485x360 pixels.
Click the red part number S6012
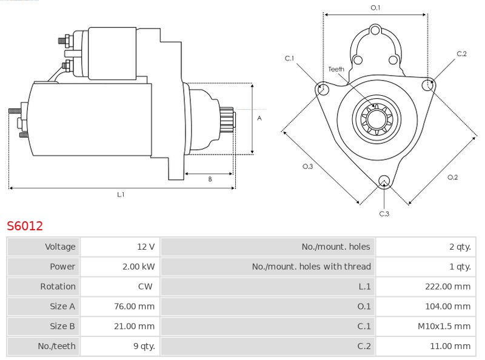(25, 226)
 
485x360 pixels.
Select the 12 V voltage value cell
(145, 247)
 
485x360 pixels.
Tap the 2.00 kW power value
(138, 267)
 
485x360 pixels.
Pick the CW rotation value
(145, 287)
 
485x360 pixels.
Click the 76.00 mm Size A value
(135, 307)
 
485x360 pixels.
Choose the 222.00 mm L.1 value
(447, 287)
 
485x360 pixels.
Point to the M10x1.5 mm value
(444, 326)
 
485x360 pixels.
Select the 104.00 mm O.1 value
(447, 307)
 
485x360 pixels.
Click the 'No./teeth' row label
(56, 346)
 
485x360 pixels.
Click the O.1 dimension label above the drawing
(375, 7)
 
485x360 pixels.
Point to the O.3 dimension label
(307, 167)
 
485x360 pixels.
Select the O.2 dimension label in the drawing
(452, 177)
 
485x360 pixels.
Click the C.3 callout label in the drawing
(384, 213)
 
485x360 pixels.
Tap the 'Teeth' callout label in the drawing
(336, 69)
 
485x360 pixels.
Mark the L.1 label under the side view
(121, 195)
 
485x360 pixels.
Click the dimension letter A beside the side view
(259, 118)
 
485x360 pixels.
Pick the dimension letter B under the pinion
(210, 179)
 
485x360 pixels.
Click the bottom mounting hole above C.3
(383, 181)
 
